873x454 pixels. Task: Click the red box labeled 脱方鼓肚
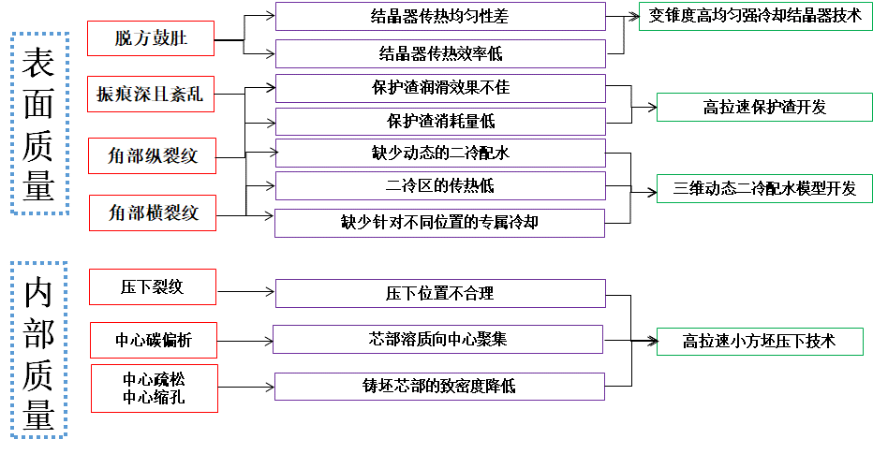click(150, 38)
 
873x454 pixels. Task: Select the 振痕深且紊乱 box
click(150, 94)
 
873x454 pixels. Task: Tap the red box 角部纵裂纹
click(153, 154)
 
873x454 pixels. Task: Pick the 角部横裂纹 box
click(153, 212)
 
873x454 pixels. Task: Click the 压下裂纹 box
click(153, 286)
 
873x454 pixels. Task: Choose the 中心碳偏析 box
click(153, 340)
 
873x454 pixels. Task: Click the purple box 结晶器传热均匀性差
click(439, 17)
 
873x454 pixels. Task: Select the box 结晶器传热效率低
click(439, 53)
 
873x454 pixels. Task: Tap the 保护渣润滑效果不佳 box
click(439, 88)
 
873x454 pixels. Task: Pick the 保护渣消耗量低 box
click(439, 121)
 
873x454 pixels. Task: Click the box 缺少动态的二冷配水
click(439, 153)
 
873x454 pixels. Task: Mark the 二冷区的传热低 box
click(439, 185)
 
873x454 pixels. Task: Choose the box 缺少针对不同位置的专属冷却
click(439, 222)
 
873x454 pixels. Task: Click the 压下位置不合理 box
click(439, 293)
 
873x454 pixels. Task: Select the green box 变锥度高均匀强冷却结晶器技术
click(755, 17)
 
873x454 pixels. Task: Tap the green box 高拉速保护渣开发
click(764, 108)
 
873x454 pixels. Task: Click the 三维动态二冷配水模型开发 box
click(764, 188)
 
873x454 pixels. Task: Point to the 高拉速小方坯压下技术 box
click(759, 341)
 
